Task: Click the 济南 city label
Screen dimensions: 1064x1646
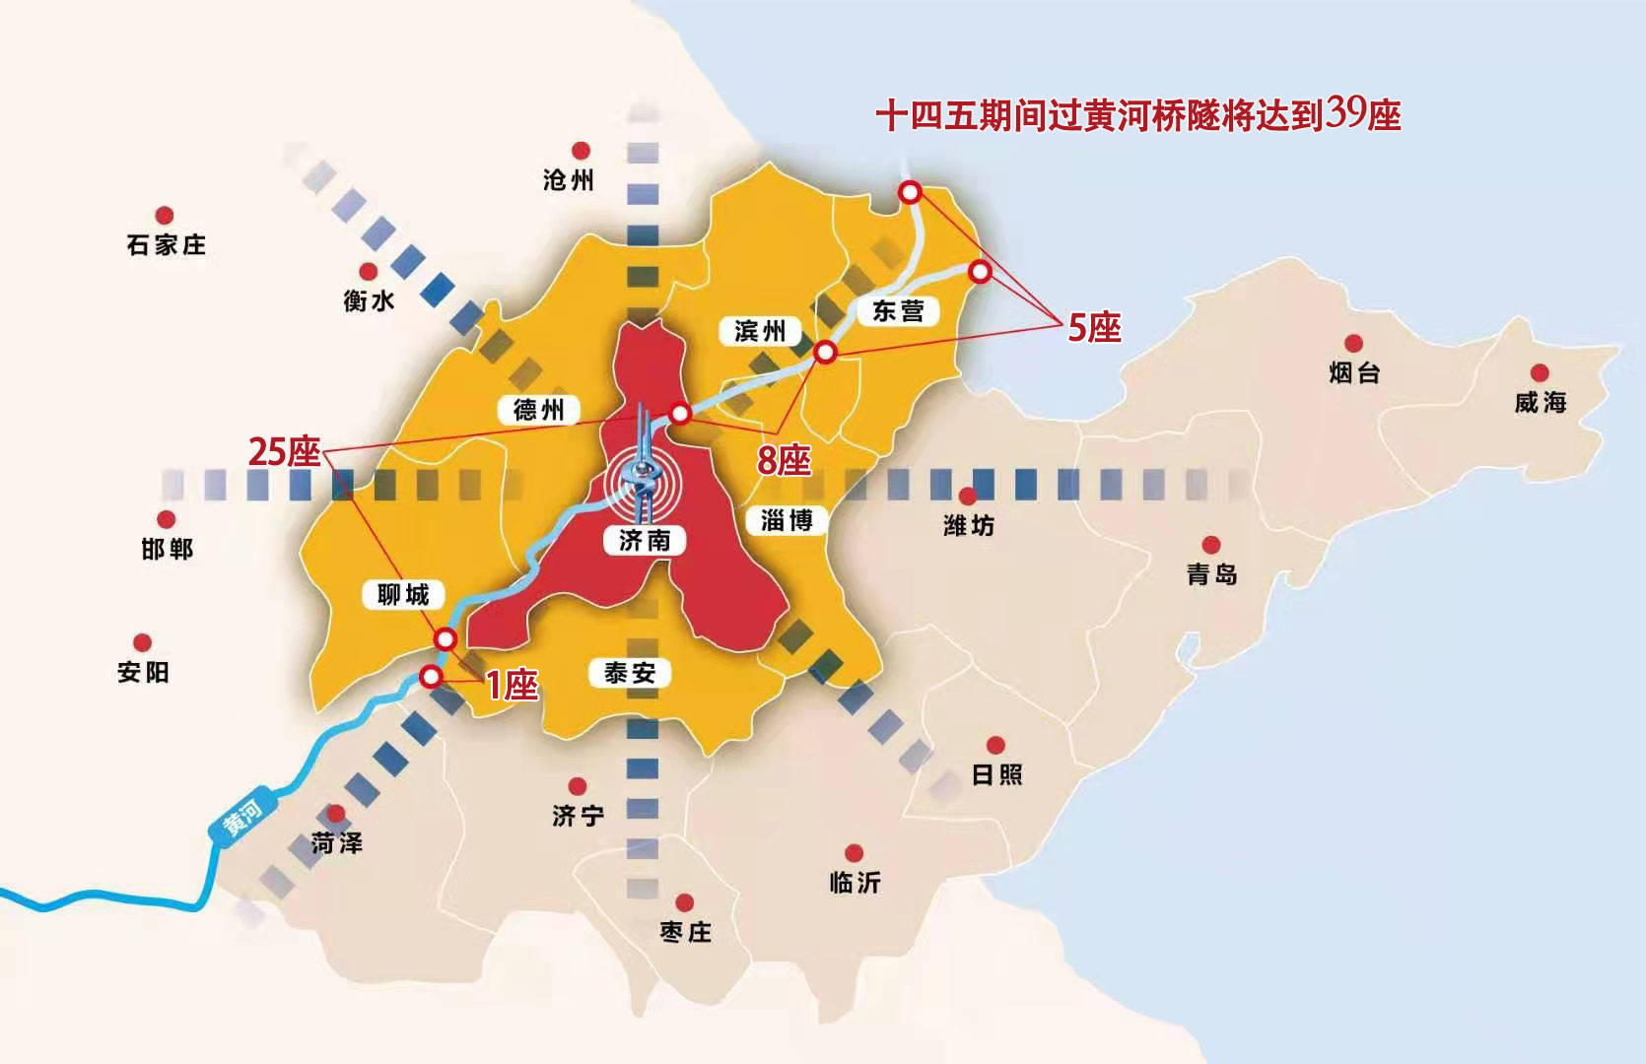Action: click(x=645, y=540)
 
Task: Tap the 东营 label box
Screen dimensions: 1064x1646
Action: click(x=898, y=311)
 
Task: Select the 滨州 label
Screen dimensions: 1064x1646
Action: click(x=760, y=331)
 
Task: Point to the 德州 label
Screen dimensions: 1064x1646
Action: click(x=538, y=410)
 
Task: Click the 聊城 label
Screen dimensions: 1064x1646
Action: click(x=403, y=595)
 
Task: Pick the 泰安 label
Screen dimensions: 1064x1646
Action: click(x=630, y=673)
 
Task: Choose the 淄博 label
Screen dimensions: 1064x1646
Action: click(x=787, y=520)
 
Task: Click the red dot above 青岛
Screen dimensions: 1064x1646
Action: click(x=1211, y=545)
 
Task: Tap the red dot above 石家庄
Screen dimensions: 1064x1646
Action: click(x=165, y=215)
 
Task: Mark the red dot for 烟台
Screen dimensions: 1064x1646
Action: click(x=1354, y=343)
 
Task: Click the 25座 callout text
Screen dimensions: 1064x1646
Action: click(x=284, y=452)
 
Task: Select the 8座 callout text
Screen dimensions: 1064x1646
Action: click(x=784, y=460)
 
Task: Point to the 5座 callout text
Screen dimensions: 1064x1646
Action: click(x=1094, y=328)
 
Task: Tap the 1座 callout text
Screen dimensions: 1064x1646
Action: click(x=512, y=685)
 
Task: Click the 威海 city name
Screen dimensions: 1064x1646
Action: click(x=1540, y=402)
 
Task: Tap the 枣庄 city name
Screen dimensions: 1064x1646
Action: click(x=685, y=932)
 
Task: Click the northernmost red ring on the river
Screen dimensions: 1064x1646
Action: click(x=911, y=192)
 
